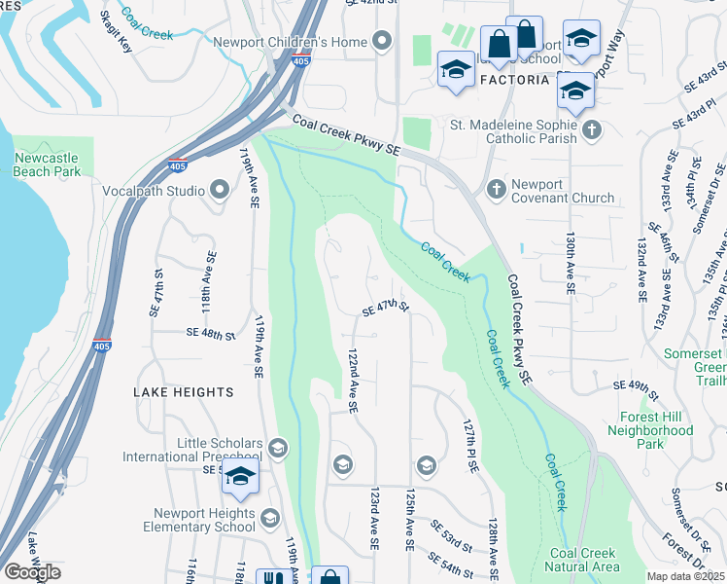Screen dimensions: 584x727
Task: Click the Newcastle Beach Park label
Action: pos(47,164)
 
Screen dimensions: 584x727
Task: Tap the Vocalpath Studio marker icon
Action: pos(217,191)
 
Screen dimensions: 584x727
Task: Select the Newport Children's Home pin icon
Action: pos(382,42)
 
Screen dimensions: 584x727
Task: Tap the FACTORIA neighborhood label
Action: pos(507,80)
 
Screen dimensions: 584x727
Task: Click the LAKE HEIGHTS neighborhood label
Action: pos(185,392)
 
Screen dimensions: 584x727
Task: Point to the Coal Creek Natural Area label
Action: pos(583,560)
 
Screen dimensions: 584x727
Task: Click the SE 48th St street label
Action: pos(211,334)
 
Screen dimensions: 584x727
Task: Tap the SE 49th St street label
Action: pos(637,385)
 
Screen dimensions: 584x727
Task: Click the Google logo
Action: pos(32,572)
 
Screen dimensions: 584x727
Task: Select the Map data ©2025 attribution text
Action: pos(684,576)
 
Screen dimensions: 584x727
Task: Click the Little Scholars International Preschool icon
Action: pos(277,448)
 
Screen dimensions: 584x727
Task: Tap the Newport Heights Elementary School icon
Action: pos(269,519)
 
